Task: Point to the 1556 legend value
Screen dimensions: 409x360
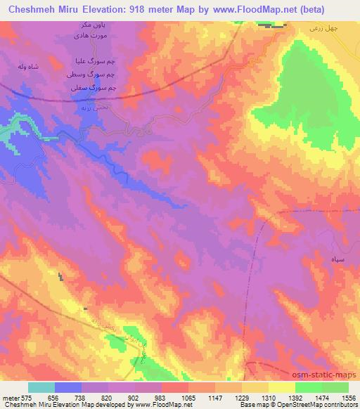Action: coord(347,398)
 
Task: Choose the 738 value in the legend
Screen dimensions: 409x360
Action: coord(78,398)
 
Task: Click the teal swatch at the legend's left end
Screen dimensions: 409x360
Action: coord(41,387)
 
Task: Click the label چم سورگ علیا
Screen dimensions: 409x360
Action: coord(96,63)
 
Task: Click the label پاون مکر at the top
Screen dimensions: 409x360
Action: coord(92,25)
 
